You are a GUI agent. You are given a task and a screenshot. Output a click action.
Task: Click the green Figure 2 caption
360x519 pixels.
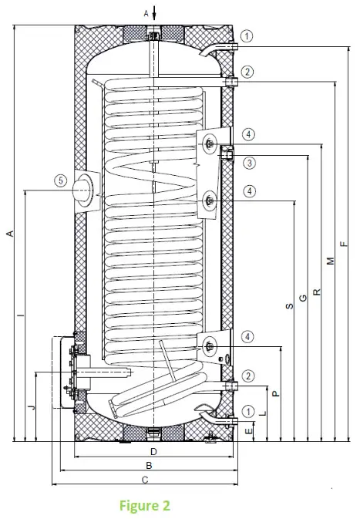click(144, 506)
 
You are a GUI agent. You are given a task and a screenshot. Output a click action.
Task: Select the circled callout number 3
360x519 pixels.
click(247, 163)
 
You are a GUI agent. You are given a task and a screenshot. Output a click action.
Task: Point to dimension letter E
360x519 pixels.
click(247, 432)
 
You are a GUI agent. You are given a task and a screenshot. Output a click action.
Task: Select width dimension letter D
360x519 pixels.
click(153, 450)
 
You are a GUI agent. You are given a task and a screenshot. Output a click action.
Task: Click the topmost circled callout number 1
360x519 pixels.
click(247, 35)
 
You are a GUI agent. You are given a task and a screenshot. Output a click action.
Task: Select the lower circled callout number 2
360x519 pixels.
click(247, 376)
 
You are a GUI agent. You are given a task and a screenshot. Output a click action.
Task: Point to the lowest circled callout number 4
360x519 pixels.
click(247, 336)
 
